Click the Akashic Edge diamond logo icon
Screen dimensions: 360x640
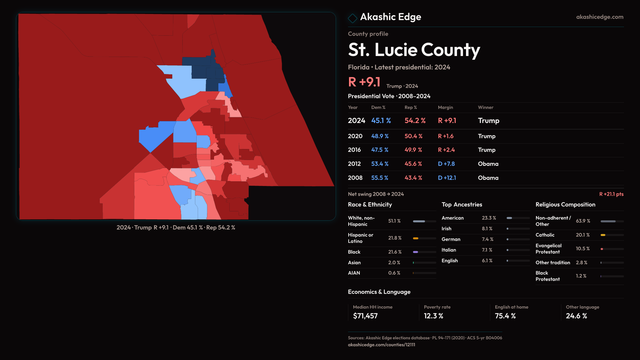352,18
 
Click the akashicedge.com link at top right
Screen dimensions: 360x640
599,17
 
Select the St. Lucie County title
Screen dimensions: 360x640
414,50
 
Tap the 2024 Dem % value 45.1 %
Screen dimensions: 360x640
381,121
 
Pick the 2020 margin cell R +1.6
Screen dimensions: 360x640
445,136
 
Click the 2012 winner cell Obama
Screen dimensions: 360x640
488,164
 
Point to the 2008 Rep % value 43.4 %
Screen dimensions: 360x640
413,178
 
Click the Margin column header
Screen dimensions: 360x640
445,107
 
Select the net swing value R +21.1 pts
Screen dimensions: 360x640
611,194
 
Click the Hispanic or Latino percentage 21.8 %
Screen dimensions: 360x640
395,238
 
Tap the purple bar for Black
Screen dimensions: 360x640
415,252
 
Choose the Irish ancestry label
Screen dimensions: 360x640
446,229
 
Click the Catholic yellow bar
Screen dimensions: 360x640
603,235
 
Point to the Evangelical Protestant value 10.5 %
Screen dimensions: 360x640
582,249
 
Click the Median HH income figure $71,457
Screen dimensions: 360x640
365,316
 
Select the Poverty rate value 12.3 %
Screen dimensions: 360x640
433,316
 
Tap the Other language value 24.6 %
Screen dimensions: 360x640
576,316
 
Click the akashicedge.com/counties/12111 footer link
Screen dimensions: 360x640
381,345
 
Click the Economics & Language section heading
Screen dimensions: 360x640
379,292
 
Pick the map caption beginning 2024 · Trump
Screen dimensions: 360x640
176,228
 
